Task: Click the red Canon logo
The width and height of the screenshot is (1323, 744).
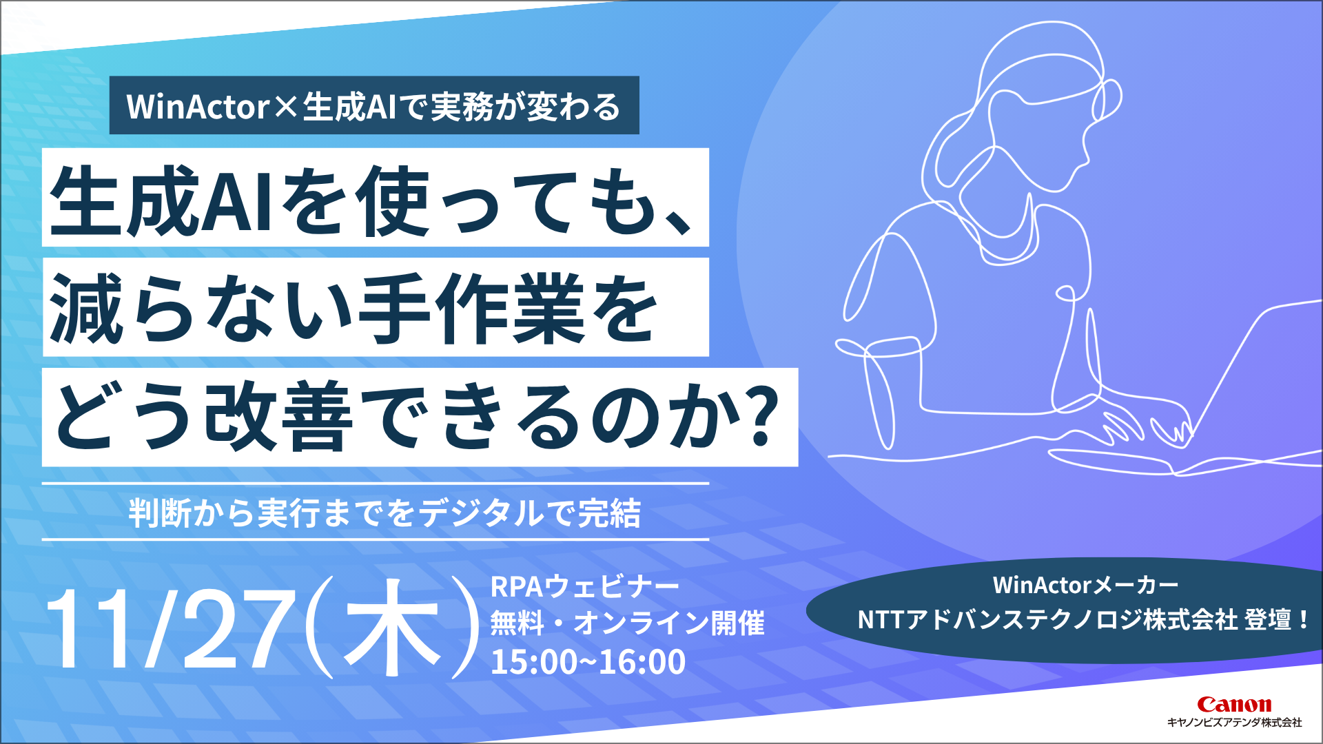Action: coord(1233,704)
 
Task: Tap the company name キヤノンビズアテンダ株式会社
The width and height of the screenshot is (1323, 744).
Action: coord(1233,723)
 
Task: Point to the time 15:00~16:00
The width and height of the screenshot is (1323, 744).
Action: coord(588,662)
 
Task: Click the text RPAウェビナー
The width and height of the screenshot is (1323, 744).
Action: coord(584,587)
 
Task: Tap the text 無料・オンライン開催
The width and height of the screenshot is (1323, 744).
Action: coord(627,623)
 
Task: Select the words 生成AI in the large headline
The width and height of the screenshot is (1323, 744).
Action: coord(162,200)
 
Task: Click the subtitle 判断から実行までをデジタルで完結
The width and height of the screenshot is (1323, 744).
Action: coord(384,513)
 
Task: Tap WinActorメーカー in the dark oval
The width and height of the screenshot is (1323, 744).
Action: coord(1085,586)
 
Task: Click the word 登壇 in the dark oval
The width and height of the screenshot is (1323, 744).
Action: coord(1268,620)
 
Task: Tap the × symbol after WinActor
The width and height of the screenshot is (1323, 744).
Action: coord(285,107)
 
